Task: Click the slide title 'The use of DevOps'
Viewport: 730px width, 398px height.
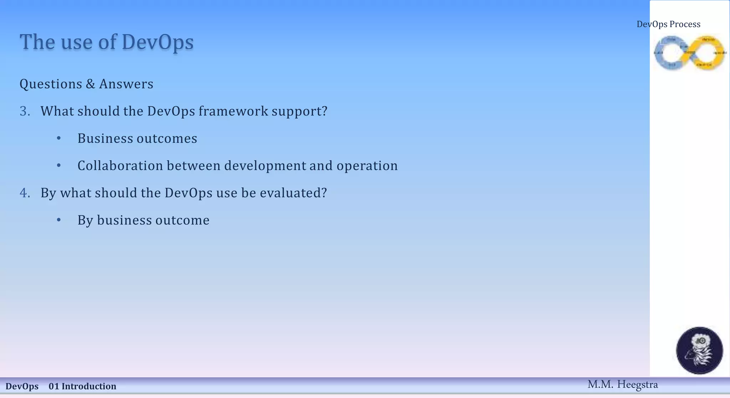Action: pyautogui.click(x=107, y=42)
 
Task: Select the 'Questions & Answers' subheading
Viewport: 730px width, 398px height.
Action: pyautogui.click(x=86, y=84)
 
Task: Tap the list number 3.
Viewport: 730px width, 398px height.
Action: pyautogui.click(x=24, y=111)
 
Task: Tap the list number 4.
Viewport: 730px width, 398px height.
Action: pyautogui.click(x=24, y=193)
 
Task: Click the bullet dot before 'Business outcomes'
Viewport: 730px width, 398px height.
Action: pyautogui.click(x=59, y=138)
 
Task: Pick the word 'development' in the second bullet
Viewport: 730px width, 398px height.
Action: pyautogui.click(x=265, y=166)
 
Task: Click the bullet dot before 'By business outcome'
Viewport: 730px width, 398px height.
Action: pyautogui.click(x=59, y=220)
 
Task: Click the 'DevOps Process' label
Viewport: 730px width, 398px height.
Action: pyautogui.click(x=668, y=24)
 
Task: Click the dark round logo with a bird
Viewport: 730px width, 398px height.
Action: pyautogui.click(x=699, y=351)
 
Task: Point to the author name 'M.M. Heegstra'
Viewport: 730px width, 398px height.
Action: pyautogui.click(x=622, y=384)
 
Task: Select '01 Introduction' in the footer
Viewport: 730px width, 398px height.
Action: pyautogui.click(x=82, y=386)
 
